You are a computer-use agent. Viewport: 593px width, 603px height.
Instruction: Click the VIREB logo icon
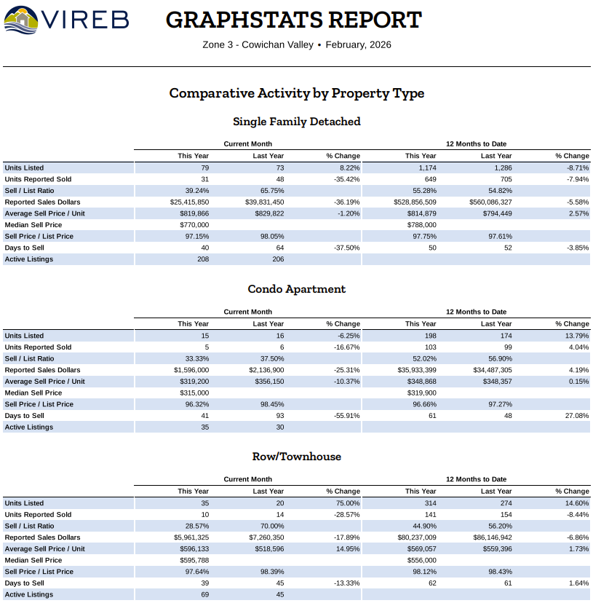pyautogui.click(x=20, y=20)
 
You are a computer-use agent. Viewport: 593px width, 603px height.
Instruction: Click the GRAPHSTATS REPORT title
pyautogui.click(x=293, y=20)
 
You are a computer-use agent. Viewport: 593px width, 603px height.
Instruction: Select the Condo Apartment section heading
pyautogui.click(x=296, y=289)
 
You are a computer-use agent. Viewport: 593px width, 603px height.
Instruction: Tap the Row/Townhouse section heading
pyautogui.click(x=296, y=457)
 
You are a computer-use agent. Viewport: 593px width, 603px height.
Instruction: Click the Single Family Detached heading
pyautogui.click(x=296, y=122)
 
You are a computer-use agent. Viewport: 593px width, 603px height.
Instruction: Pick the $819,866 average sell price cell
pyautogui.click(x=189, y=213)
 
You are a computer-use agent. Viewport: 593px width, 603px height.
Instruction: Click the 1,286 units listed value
pyautogui.click(x=498, y=167)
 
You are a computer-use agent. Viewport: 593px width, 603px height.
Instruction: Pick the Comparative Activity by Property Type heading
pyautogui.click(x=296, y=93)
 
